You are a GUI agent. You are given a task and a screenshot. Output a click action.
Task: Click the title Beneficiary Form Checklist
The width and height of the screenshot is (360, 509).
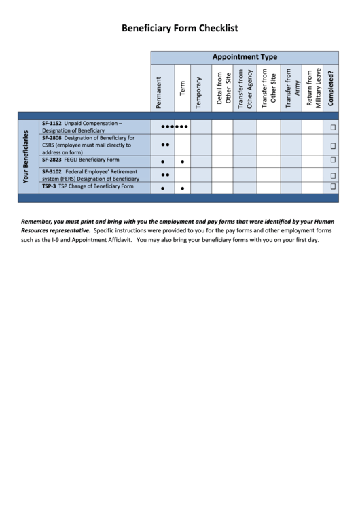click(x=179, y=28)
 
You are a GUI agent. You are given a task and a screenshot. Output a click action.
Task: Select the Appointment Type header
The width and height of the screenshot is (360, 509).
click(x=245, y=57)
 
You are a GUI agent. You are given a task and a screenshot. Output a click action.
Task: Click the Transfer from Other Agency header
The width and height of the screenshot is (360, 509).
click(x=245, y=88)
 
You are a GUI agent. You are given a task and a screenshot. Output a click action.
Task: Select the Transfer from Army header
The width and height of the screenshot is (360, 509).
click(x=292, y=88)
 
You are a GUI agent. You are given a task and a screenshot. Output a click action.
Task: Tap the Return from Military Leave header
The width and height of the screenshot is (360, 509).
click(x=313, y=88)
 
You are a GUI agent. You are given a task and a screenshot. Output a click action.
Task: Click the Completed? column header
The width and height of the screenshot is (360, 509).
click(x=330, y=88)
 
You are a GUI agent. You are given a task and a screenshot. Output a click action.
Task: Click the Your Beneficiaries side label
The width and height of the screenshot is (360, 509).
click(x=27, y=157)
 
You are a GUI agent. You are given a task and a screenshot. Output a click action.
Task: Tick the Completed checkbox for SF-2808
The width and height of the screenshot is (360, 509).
click(x=333, y=146)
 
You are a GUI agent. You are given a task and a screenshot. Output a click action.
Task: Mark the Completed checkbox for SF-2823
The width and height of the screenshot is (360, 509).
click(x=333, y=160)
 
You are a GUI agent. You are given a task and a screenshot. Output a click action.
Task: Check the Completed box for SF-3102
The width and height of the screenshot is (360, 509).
click(x=333, y=175)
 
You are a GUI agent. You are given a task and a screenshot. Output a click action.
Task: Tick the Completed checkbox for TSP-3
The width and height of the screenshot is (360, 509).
click(x=333, y=186)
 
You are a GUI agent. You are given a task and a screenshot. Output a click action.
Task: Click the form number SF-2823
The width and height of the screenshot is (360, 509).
click(x=52, y=160)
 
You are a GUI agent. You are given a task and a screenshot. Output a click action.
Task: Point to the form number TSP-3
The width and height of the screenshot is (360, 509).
click(x=49, y=186)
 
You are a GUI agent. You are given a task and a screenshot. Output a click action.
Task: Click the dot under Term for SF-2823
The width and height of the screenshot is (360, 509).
click(x=183, y=162)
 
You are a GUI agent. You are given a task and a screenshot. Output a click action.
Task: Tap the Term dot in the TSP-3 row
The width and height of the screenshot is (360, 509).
click(x=183, y=188)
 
